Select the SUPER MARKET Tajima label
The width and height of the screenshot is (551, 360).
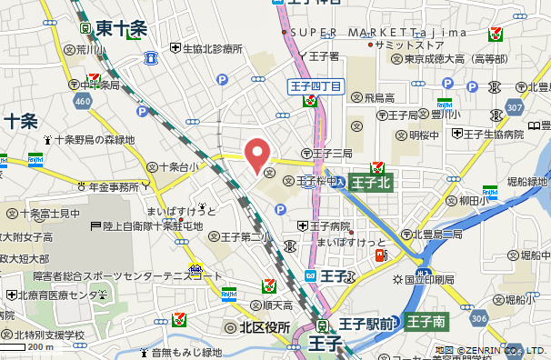pos(379,32)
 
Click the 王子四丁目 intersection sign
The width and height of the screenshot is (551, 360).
pos(316,86)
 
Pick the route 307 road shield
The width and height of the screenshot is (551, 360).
pos(516,107)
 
